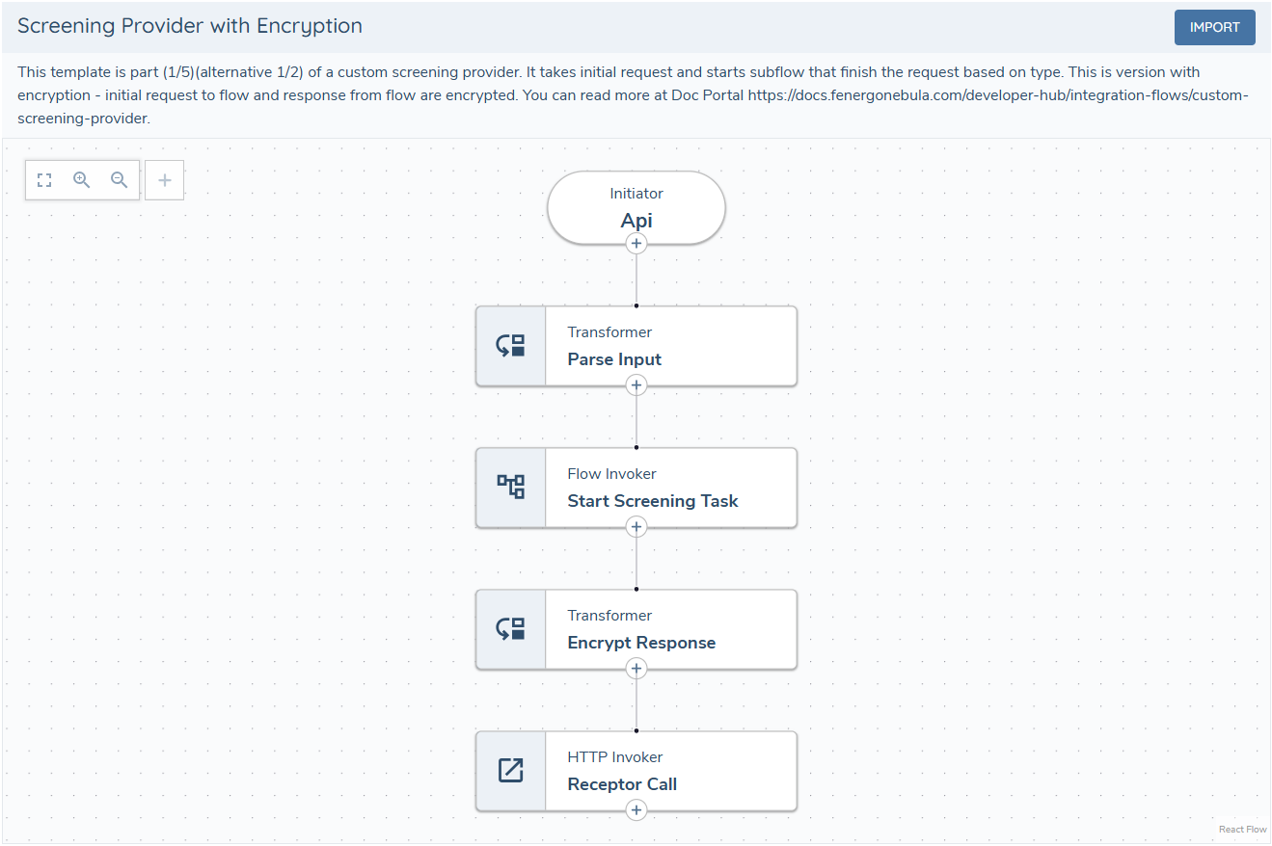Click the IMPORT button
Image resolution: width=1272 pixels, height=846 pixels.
tap(1214, 27)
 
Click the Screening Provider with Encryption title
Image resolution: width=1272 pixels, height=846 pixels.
tap(190, 26)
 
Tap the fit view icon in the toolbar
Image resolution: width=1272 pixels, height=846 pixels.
tap(44, 180)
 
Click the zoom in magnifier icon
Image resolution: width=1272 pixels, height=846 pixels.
tap(82, 180)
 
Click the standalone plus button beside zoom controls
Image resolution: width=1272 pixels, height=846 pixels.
tap(164, 180)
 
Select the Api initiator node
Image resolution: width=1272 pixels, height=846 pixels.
tap(636, 207)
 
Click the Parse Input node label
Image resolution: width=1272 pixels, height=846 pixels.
tap(614, 359)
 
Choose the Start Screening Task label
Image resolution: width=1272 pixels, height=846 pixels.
tap(652, 501)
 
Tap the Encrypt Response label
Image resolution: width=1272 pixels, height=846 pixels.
tap(641, 643)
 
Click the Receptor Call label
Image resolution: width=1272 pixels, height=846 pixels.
tap(622, 784)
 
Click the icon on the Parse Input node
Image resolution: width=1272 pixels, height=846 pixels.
tap(510, 346)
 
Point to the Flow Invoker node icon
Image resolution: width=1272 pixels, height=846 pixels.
tap(510, 487)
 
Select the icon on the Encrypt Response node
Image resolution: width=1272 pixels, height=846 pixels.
tap(510, 629)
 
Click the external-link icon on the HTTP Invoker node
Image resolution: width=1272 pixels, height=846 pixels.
tap(510, 771)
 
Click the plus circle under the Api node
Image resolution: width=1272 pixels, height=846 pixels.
tap(636, 244)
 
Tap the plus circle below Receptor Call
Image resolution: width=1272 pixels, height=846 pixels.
tap(636, 810)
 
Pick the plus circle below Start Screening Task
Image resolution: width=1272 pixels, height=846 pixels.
tap(636, 527)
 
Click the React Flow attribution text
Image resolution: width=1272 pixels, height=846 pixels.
tap(1242, 830)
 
